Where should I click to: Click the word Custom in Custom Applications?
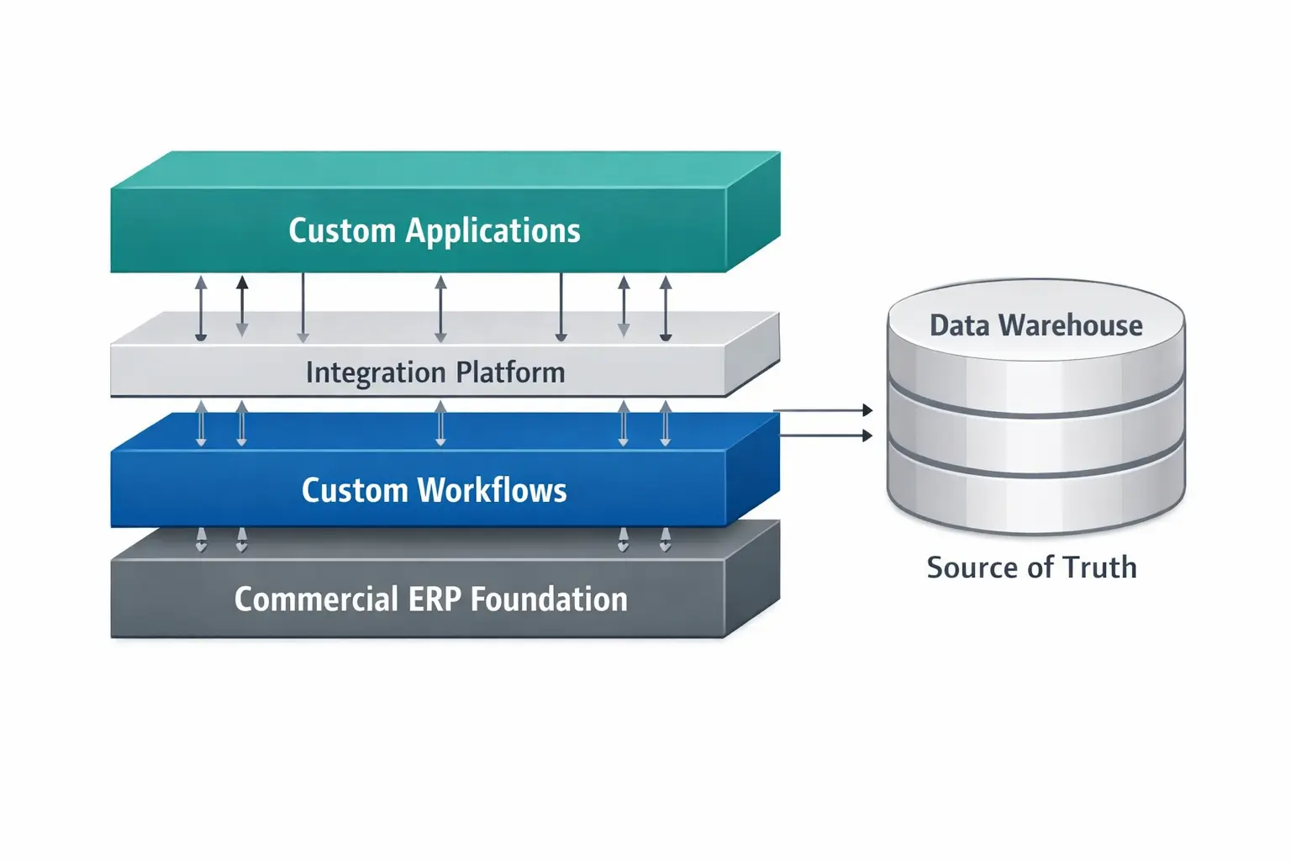pos(341,230)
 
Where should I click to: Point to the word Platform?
pos(510,372)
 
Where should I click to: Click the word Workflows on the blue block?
pos(493,490)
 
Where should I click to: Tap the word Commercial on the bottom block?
pos(316,600)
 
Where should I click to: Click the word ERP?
pos(435,600)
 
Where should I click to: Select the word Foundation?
pos(549,600)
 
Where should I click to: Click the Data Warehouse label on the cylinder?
pos(1035,325)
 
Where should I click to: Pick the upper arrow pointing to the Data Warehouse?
pos(824,410)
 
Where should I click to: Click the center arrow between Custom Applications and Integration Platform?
pos(440,309)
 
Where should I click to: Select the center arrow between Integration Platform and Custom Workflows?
pos(440,423)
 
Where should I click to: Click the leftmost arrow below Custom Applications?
pos(201,309)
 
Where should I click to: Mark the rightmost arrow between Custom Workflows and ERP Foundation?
pos(666,539)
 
